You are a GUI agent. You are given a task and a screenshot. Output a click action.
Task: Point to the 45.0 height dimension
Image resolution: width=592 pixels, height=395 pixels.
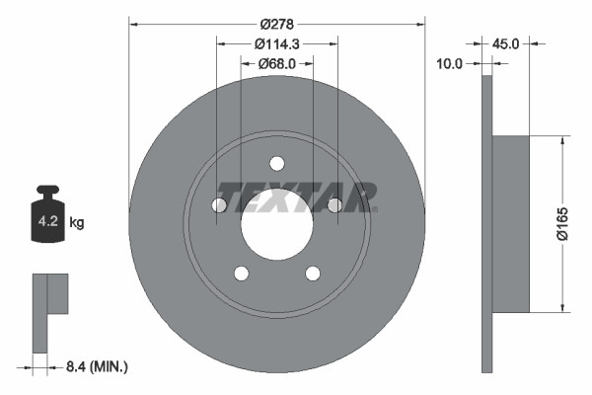(505, 43)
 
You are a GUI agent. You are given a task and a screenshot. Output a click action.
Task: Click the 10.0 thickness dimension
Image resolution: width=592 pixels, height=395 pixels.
(449, 63)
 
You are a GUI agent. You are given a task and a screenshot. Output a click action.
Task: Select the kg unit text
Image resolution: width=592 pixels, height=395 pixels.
(77, 223)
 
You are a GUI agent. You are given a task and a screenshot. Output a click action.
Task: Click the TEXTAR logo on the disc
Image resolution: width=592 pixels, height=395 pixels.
(296, 196)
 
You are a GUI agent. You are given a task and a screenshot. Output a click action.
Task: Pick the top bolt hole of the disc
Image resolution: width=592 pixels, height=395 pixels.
(276, 163)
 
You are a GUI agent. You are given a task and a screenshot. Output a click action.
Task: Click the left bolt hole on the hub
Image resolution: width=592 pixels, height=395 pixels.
(219, 204)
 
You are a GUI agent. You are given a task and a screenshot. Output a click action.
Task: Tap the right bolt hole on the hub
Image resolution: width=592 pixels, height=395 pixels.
(334, 204)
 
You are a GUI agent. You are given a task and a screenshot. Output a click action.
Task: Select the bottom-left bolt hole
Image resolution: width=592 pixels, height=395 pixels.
(241, 274)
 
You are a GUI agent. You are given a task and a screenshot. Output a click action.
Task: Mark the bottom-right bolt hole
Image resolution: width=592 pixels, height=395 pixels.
(313, 274)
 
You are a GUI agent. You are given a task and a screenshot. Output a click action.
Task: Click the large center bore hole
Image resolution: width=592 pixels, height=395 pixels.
(276, 225)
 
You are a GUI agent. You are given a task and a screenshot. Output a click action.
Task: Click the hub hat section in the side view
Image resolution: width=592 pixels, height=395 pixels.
(510, 222)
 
